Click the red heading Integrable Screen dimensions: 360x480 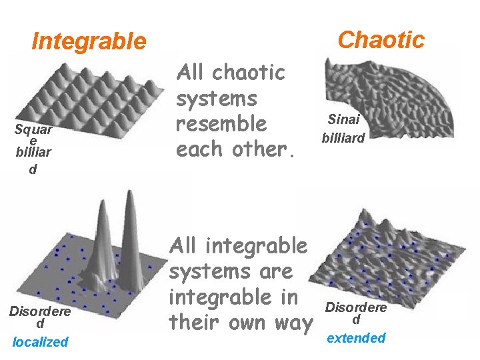[89, 41]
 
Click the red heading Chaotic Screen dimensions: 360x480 [381, 39]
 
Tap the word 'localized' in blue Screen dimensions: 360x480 [40, 342]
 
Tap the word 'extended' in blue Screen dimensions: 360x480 [356, 338]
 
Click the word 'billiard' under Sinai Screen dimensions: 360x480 [343, 139]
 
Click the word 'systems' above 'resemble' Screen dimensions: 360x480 [216, 98]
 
